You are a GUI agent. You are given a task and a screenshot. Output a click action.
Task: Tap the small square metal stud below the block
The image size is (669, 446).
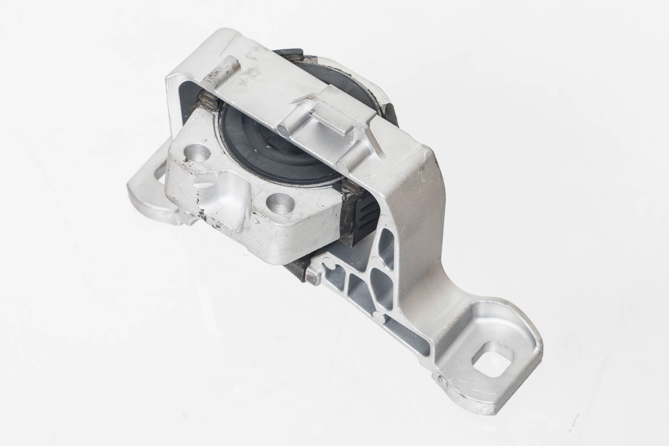pos(311,278)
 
